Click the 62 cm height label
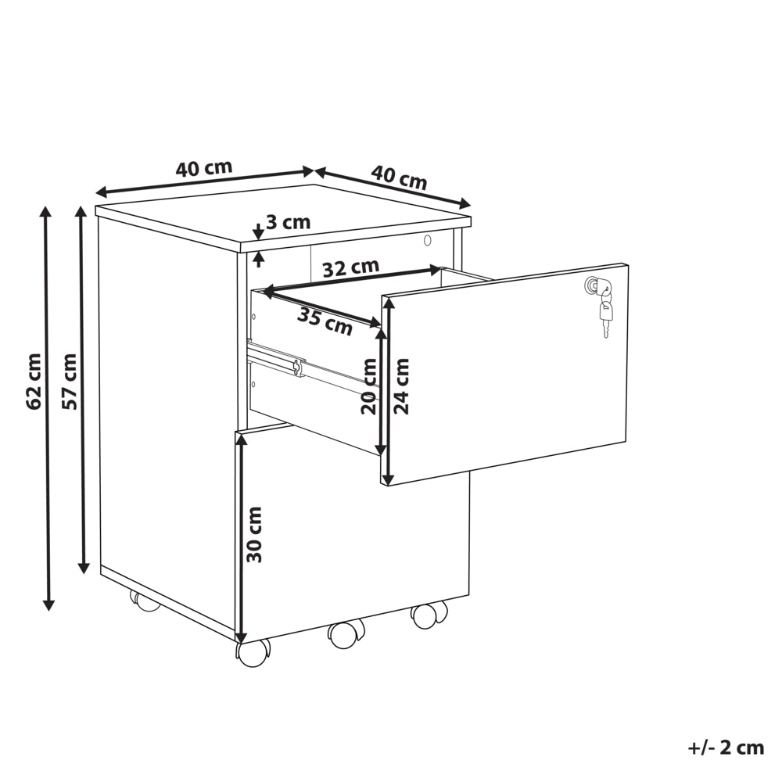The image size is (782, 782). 34,382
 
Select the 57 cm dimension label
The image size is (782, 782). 70,382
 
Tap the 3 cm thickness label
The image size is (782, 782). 288,222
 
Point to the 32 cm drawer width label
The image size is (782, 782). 350,267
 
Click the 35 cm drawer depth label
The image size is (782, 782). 325,321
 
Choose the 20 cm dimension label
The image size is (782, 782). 368,386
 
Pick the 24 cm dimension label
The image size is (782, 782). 401,386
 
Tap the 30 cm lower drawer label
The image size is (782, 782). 254,535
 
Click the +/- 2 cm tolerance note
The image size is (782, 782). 726,748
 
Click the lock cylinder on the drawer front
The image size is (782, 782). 591,285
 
